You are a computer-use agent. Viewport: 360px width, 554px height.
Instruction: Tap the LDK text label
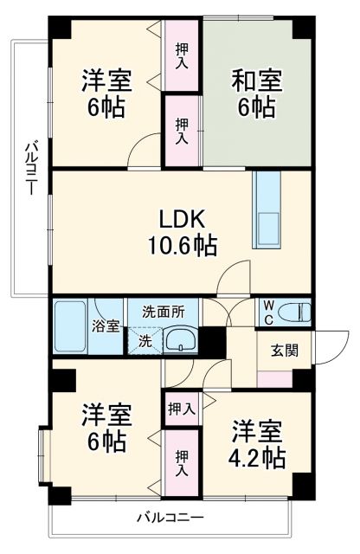181,217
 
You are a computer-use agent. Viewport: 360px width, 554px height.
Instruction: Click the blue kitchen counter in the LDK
268,210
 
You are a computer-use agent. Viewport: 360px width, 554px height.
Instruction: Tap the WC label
269,311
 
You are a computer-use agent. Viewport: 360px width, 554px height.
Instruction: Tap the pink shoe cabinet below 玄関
276,377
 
